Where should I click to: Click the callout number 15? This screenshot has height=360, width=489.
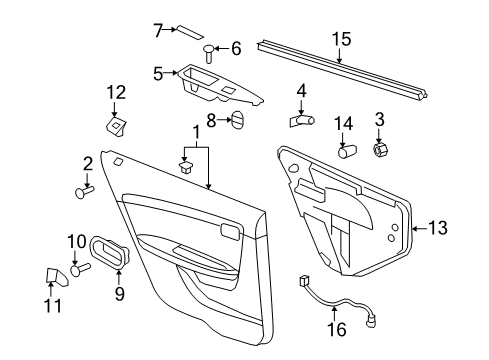click(x=342, y=39)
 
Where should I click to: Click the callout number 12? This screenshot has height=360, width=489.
click(x=116, y=92)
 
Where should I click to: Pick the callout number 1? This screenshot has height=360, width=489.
click(x=182, y=132)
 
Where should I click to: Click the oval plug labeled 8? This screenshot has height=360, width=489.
click(x=239, y=122)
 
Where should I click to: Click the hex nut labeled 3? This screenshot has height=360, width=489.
click(x=381, y=150)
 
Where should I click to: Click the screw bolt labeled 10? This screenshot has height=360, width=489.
click(x=78, y=267)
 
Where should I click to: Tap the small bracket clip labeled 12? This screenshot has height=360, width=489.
click(x=117, y=124)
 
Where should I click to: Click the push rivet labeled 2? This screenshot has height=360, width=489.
click(x=84, y=193)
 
